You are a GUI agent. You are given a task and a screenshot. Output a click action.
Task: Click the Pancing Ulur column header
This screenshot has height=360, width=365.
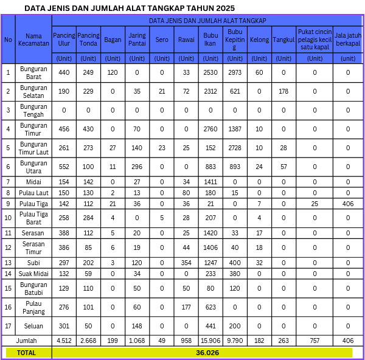tap(64, 40)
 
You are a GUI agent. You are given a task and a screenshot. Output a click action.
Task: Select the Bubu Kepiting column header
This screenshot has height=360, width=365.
tap(235, 40)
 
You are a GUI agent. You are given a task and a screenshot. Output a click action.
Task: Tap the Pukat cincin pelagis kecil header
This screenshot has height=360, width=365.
tap(315, 40)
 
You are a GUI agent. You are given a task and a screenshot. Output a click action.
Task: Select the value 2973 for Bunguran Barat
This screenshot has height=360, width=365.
tap(235, 73)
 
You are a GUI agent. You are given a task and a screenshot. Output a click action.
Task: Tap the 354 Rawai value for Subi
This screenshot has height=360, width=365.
tap(186, 262)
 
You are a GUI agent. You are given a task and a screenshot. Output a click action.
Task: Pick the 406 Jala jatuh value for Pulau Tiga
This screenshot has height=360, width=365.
tap(348, 203)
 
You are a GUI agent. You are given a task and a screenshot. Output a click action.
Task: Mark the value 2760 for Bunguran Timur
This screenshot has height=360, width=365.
tap(210, 129)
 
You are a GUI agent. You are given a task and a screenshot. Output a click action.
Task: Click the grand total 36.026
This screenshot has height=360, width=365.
tap(207, 352)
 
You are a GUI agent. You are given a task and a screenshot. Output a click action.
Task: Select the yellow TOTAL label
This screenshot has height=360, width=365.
tap(26, 352)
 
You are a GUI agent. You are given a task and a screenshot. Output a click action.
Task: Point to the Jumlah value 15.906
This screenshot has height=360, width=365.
tap(210, 341)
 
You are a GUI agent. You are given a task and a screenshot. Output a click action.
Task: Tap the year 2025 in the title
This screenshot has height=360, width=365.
tap(221, 8)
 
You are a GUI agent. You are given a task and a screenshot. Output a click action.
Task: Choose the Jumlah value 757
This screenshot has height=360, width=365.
tap(315, 341)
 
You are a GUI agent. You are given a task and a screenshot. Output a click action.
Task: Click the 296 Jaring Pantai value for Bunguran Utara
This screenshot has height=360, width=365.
tap(137, 167)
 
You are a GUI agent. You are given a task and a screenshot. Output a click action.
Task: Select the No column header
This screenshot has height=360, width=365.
tap(8, 40)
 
